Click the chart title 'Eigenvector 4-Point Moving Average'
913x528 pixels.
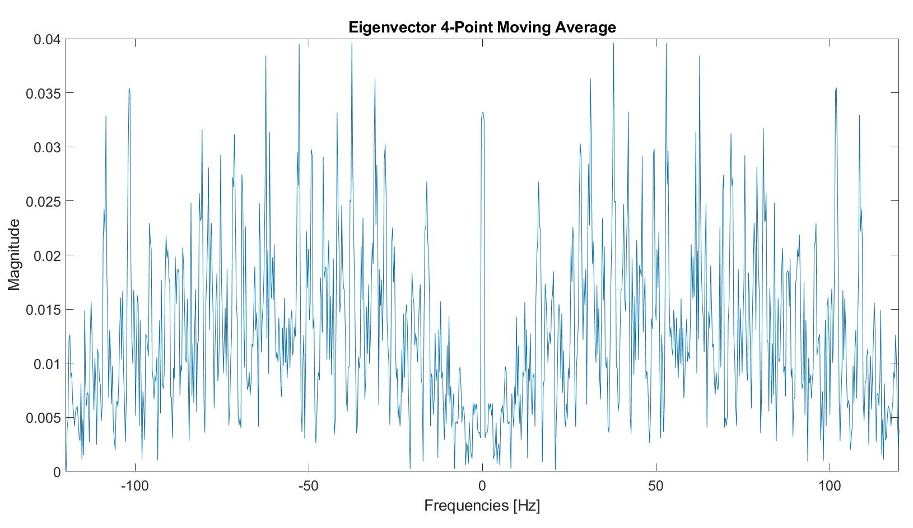(x=482, y=27)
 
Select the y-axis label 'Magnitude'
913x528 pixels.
(x=15, y=255)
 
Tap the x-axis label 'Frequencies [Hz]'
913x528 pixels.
(x=482, y=506)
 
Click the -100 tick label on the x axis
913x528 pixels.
(x=134, y=486)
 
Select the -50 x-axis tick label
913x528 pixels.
(x=308, y=486)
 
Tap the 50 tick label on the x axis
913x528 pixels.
(x=655, y=486)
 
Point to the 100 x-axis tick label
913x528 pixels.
(x=829, y=486)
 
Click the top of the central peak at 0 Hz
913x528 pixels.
(x=482, y=113)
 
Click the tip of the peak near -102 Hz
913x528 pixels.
(x=129, y=88)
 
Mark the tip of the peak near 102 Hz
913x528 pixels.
(x=836, y=88)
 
